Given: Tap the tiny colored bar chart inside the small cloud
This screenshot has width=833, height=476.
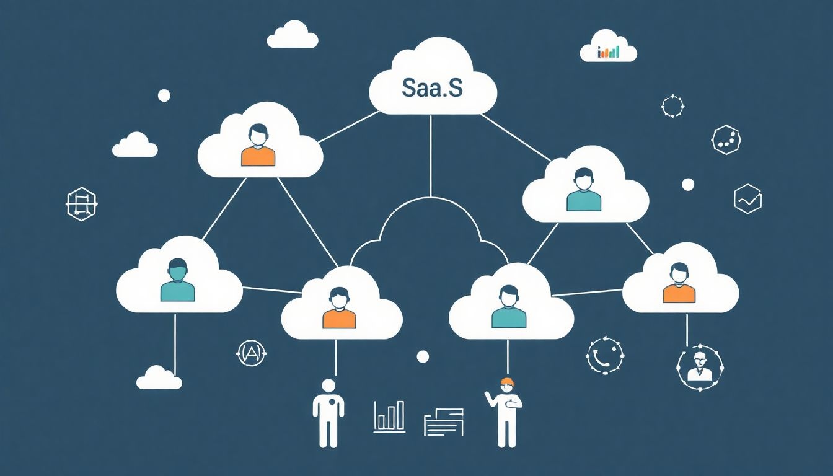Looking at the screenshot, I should click(x=608, y=52).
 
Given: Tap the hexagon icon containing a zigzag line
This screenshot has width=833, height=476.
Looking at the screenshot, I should click(x=747, y=200).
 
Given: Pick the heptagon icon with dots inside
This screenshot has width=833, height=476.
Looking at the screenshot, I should click(x=726, y=139).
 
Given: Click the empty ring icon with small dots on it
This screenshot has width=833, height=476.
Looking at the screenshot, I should click(x=672, y=106).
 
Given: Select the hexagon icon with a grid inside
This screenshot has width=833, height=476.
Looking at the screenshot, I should click(x=81, y=203).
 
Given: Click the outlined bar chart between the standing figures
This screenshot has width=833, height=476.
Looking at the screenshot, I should click(x=389, y=416).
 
